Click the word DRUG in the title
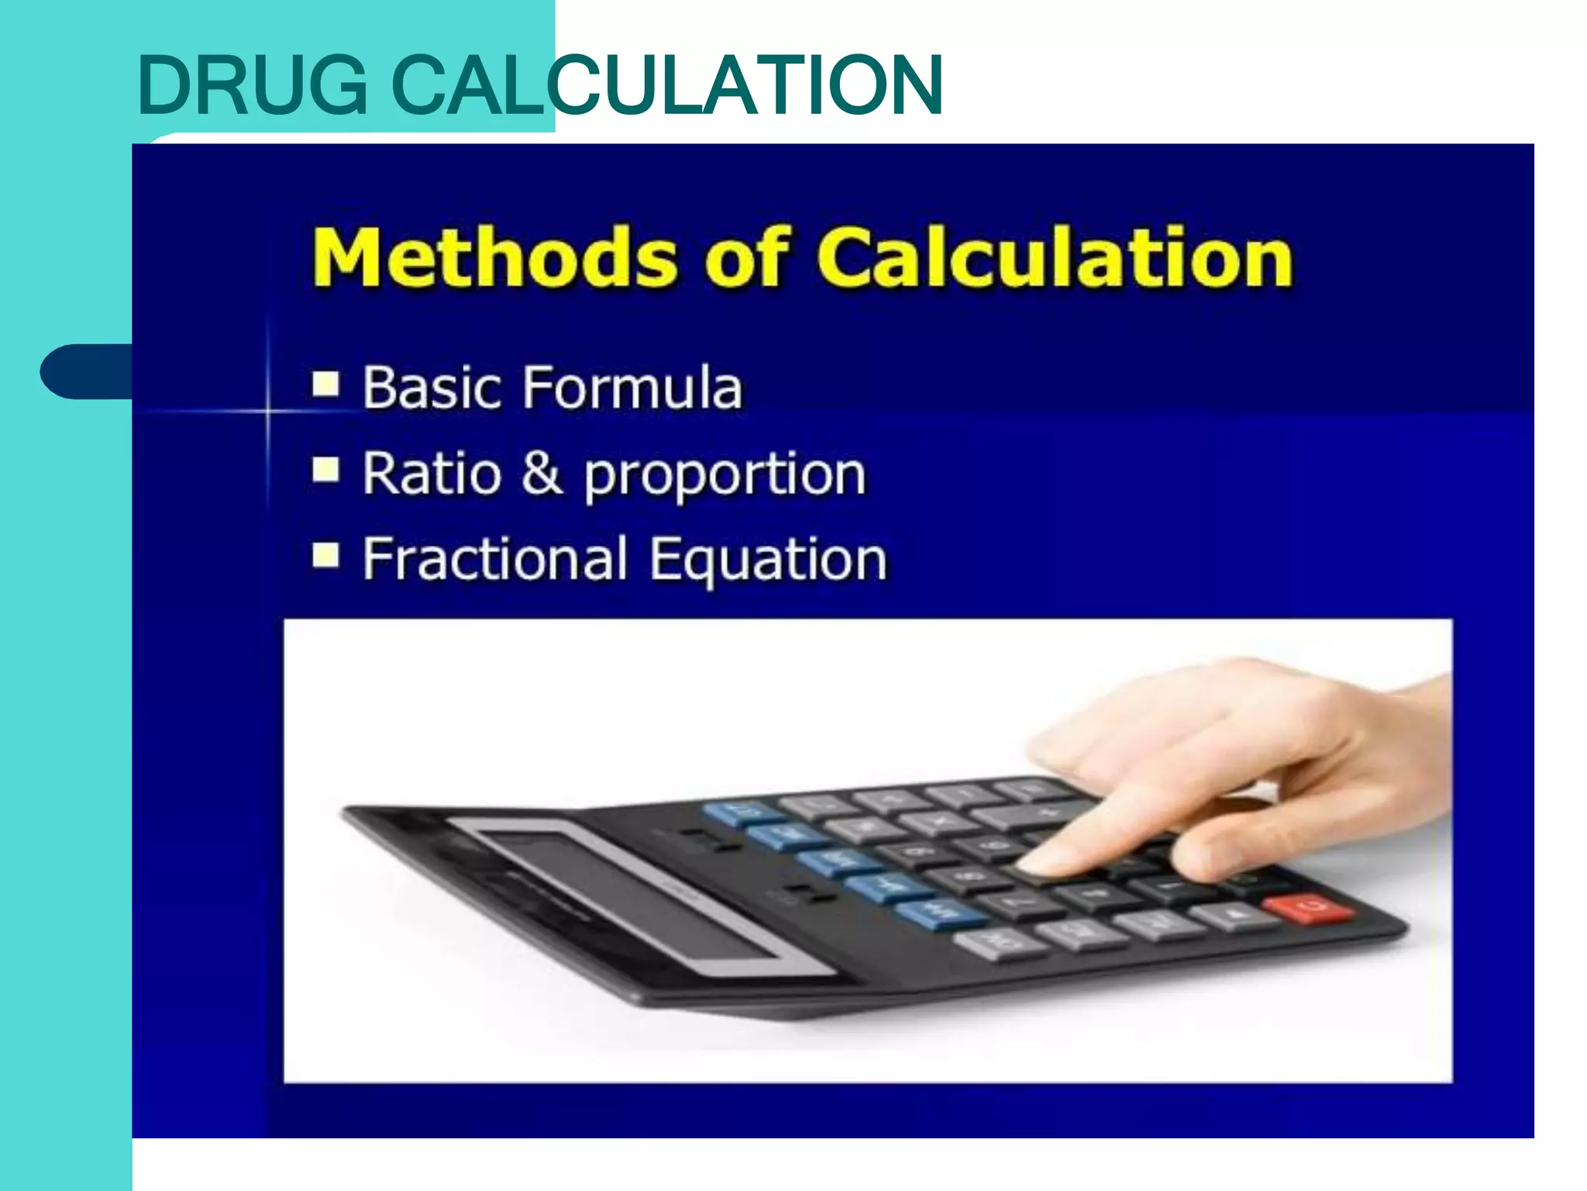coord(252,85)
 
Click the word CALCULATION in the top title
coord(666,85)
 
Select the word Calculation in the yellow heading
coord(1054,257)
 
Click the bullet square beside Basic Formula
coord(326,383)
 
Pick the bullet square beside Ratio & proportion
coord(326,469)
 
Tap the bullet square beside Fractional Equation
coord(326,555)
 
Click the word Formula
coord(632,387)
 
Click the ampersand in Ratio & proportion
coord(542,472)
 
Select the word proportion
coord(725,475)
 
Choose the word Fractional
coord(494,558)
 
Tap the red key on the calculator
coord(1308,908)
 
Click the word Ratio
coord(432,472)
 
